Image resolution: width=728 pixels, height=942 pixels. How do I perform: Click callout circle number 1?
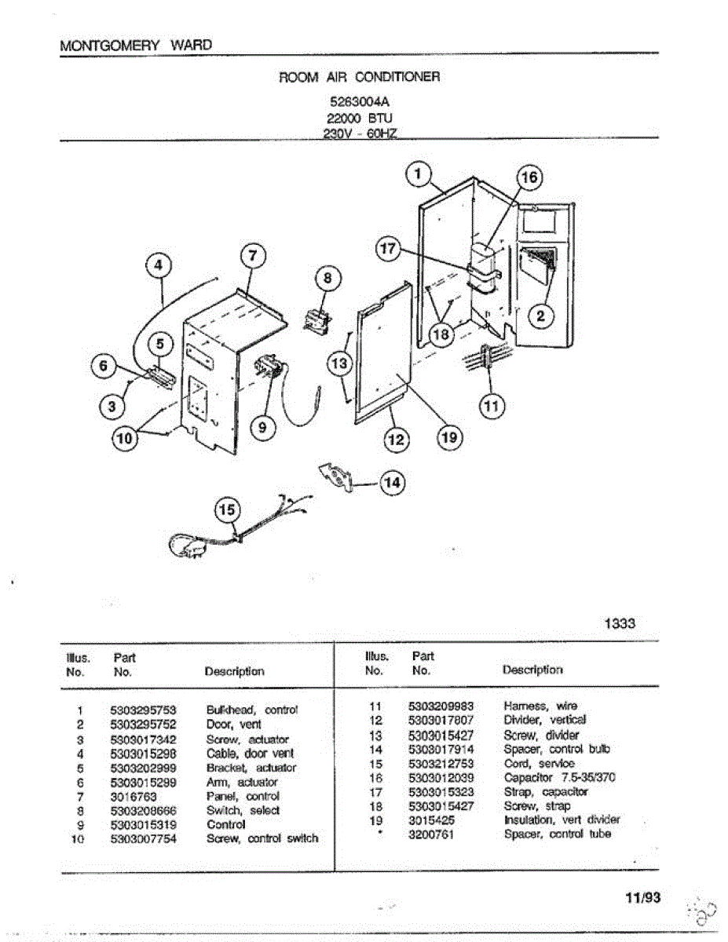pos(419,173)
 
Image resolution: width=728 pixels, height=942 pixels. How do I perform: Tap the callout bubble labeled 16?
pos(530,177)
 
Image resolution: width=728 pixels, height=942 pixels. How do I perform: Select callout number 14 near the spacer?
pos(390,483)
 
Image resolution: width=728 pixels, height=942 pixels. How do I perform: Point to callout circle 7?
pos(252,256)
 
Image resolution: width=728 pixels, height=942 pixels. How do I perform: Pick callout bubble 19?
pos(449,438)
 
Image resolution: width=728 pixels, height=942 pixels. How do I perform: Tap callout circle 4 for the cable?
pos(159,265)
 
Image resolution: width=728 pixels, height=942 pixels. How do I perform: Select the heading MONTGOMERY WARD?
pos(136,45)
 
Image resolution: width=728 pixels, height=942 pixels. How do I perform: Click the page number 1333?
pos(620,623)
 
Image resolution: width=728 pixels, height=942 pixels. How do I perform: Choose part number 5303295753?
pos(144,710)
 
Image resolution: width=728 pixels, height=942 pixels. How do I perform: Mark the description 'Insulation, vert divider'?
pos(562,820)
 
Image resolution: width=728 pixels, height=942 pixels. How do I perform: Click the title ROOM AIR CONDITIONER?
pos(360,77)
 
